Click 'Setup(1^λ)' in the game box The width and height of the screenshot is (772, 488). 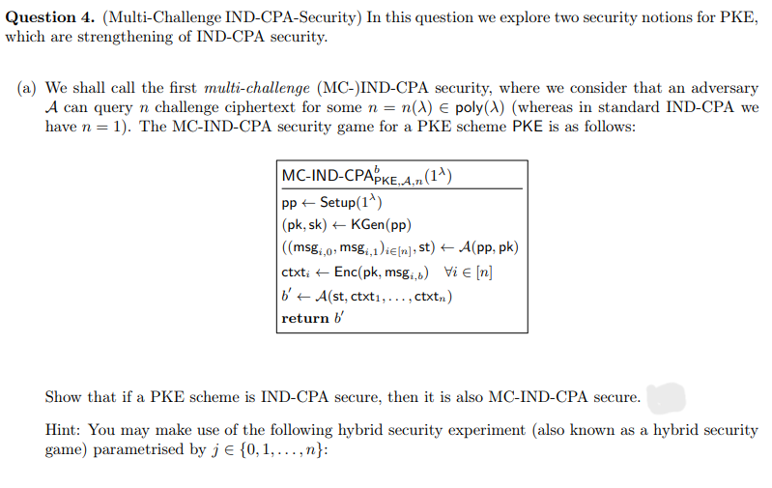coord(352,203)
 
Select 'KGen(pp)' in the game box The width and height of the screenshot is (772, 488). coord(380,225)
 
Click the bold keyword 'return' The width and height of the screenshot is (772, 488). coord(305,318)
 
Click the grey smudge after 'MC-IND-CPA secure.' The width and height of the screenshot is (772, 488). coord(665,397)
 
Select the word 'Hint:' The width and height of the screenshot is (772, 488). coord(66,431)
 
